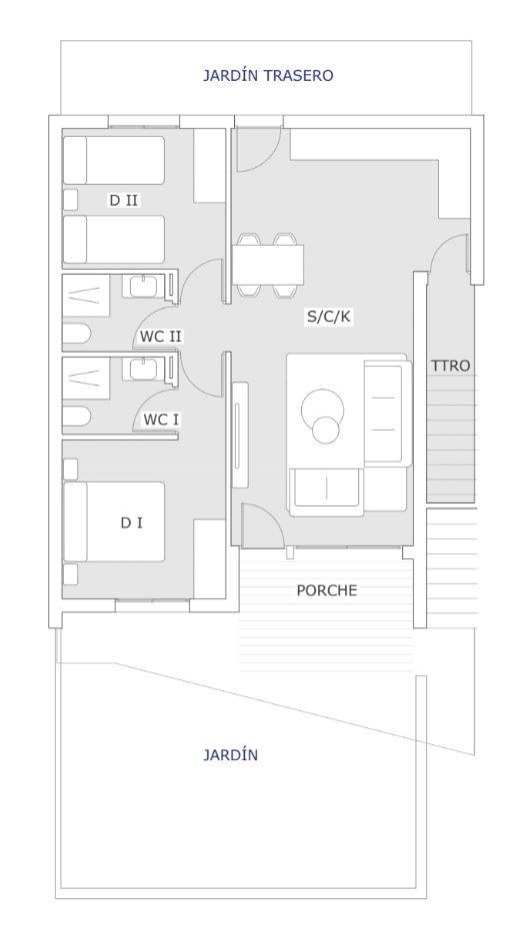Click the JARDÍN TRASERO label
(x=268, y=76)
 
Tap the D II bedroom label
(x=123, y=200)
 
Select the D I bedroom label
(x=131, y=523)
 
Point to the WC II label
(x=160, y=337)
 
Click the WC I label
(x=160, y=420)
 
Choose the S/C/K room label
(x=328, y=317)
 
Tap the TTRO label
(x=451, y=366)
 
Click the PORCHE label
(x=327, y=590)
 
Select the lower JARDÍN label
(x=230, y=755)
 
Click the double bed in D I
(x=114, y=521)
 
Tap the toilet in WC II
(x=76, y=334)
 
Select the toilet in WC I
(x=76, y=416)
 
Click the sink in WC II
(x=143, y=286)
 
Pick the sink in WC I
(x=143, y=370)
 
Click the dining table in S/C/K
(x=268, y=265)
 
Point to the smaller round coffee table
(x=325, y=431)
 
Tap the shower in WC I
(x=86, y=379)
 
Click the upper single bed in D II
(x=114, y=160)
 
